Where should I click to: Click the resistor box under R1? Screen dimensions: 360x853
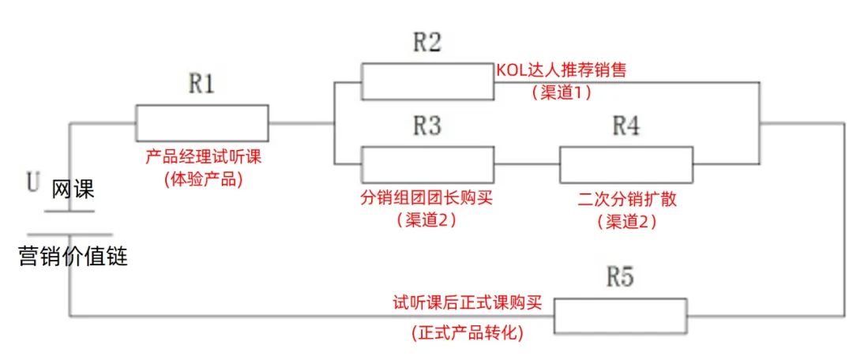point(202,122)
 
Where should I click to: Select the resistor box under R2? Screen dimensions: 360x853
point(427,81)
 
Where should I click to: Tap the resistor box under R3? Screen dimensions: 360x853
point(427,164)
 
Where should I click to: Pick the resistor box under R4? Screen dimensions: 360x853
point(626,164)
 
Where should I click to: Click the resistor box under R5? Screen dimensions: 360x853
point(620,316)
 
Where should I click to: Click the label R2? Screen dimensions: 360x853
point(427,43)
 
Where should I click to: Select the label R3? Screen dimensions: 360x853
point(427,126)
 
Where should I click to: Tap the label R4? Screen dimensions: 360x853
point(626,126)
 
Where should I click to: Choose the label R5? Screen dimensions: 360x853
point(620,278)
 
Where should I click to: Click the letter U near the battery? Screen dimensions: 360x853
point(32,184)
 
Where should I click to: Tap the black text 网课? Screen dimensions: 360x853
point(73,189)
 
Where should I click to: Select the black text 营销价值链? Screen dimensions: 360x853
point(73,257)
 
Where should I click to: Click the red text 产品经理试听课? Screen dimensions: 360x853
point(203,156)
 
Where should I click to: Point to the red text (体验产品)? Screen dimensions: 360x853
point(203,178)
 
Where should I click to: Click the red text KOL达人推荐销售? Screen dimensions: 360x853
point(561,69)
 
